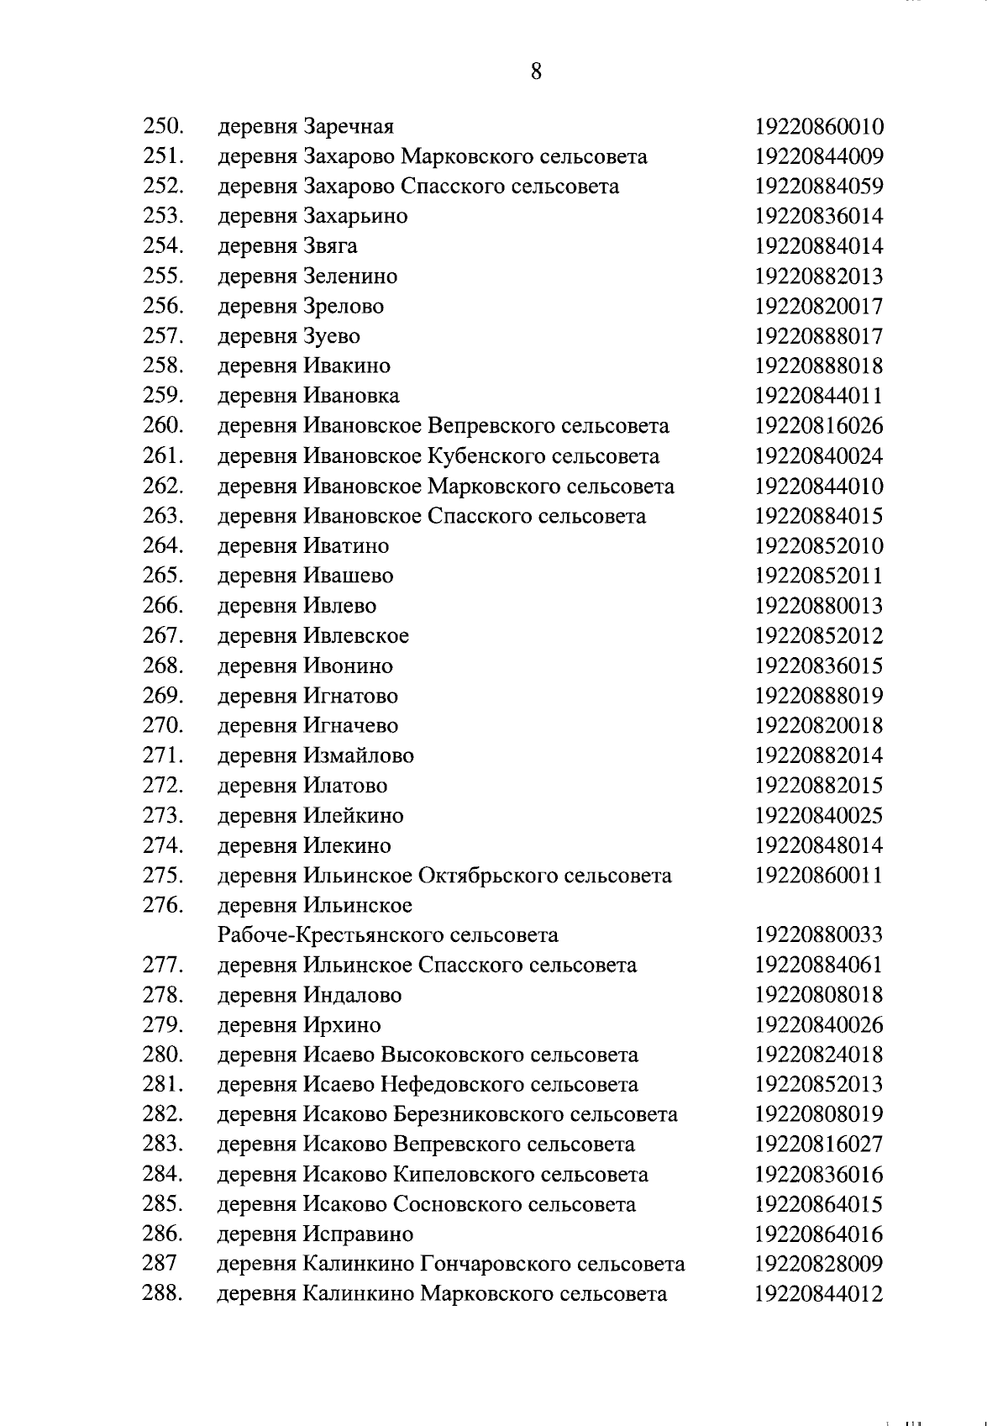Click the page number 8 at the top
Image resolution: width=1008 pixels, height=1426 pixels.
click(x=536, y=71)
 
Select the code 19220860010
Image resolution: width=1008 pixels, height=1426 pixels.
click(x=818, y=127)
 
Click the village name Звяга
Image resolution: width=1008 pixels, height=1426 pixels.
click(x=329, y=246)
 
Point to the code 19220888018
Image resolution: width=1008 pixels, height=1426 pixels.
click(x=818, y=366)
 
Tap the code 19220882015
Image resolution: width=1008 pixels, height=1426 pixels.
click(x=818, y=786)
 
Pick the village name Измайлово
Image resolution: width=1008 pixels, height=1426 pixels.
click(x=357, y=756)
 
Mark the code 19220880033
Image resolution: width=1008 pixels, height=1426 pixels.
click(x=818, y=935)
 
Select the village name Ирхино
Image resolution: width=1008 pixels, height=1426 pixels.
click(x=340, y=1025)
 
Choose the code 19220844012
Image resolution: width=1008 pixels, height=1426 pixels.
click(x=818, y=1294)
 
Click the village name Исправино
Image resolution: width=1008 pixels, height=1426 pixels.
click(x=357, y=1234)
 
